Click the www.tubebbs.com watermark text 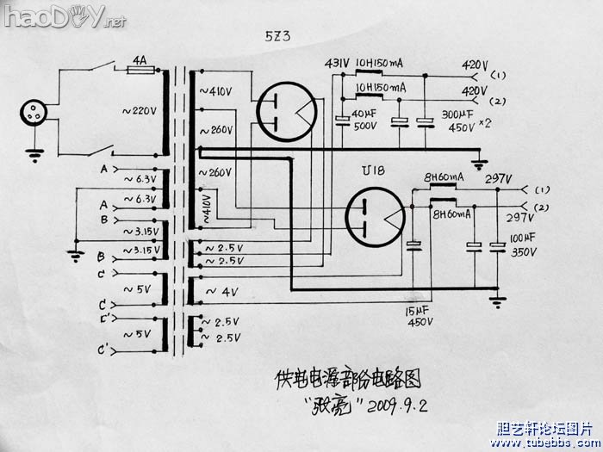pos(540,442)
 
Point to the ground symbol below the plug pos(35,156)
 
